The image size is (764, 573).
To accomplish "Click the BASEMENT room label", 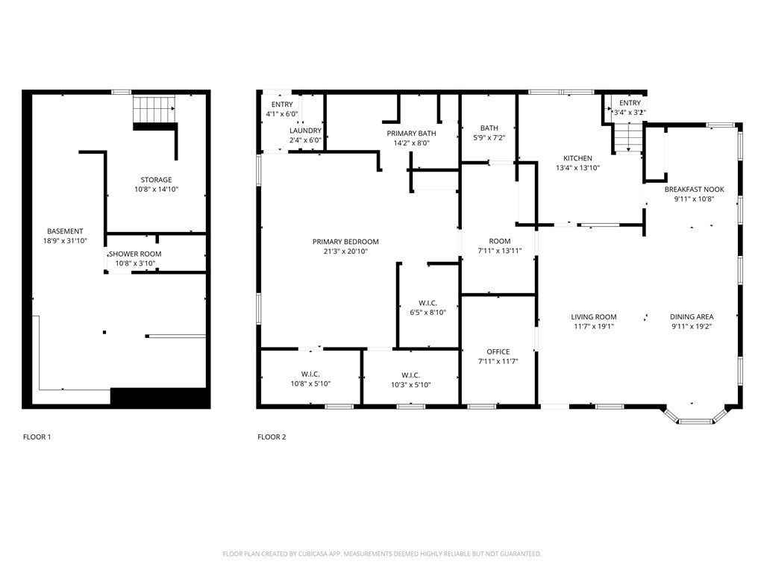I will click(65, 231).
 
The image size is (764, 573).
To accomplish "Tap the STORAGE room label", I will click(156, 180).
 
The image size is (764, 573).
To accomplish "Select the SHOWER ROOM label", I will click(138, 254).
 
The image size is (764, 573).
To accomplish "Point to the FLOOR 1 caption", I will click(37, 437).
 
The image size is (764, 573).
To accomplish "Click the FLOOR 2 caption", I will click(272, 437).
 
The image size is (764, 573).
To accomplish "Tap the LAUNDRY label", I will click(305, 131).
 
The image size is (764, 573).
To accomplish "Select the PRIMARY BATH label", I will click(411, 134).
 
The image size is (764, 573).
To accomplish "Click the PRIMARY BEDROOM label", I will click(345, 242).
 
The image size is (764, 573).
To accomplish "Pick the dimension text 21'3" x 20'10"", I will click(345, 252).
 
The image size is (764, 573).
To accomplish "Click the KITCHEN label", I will click(577, 158).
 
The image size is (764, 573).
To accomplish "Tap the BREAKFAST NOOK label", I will click(694, 190).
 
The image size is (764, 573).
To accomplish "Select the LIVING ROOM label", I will click(594, 317).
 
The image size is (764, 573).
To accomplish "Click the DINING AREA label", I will click(692, 317).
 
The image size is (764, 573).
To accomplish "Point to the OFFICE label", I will click(498, 352).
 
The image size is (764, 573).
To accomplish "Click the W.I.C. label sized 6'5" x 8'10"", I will click(428, 303).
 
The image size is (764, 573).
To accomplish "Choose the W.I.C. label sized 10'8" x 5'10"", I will click(310, 375).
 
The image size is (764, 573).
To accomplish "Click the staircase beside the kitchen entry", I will click(628, 137).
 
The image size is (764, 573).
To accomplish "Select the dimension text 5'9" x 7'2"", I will click(489, 138).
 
